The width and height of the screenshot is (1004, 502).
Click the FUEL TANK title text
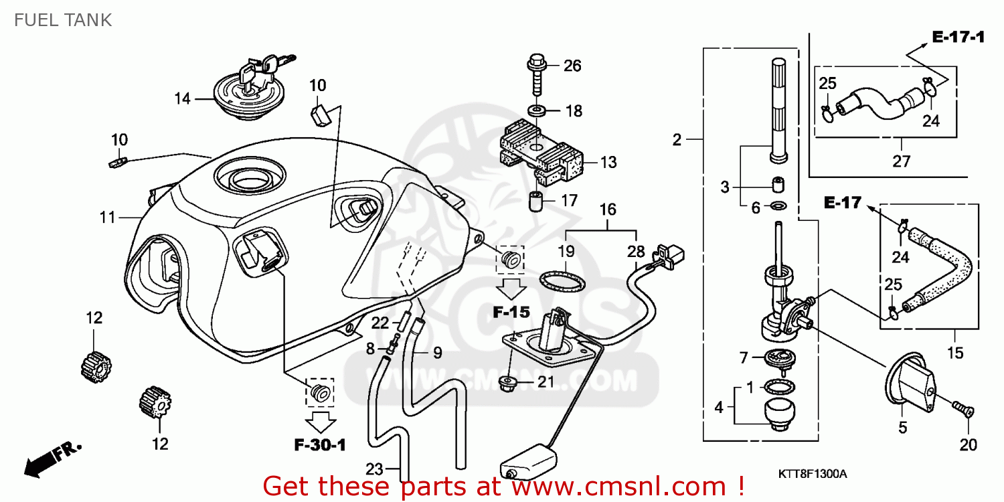(62, 20)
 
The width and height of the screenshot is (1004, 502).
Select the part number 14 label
(183, 99)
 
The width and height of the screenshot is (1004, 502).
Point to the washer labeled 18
(536, 110)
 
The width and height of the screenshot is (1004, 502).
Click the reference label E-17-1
(958, 37)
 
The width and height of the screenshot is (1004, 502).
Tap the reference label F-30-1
(319, 444)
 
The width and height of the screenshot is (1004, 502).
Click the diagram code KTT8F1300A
(813, 474)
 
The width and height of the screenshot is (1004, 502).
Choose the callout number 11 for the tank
(108, 218)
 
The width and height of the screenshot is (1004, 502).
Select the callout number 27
(901, 161)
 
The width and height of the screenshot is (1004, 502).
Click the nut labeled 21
(508, 384)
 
